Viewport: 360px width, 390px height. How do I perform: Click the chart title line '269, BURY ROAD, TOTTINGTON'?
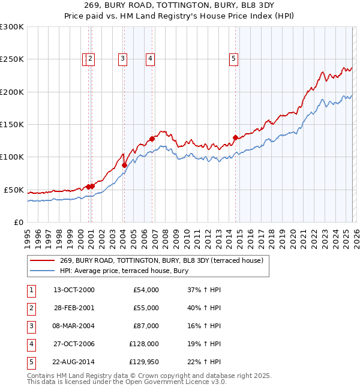180,7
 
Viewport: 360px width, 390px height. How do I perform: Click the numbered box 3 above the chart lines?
122,59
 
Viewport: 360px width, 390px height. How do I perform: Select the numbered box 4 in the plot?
150,59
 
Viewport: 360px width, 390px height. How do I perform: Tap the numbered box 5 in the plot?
233,59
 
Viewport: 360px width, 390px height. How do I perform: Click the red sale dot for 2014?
235,137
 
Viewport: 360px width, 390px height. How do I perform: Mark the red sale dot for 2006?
152,139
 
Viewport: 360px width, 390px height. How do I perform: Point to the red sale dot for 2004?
124,165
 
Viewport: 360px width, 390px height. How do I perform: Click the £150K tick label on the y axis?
12,124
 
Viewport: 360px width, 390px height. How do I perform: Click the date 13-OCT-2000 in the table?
74,290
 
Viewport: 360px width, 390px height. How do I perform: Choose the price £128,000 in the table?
144,345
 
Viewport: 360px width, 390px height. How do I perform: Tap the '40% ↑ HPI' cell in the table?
204,308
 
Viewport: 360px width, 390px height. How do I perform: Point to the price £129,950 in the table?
144,362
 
